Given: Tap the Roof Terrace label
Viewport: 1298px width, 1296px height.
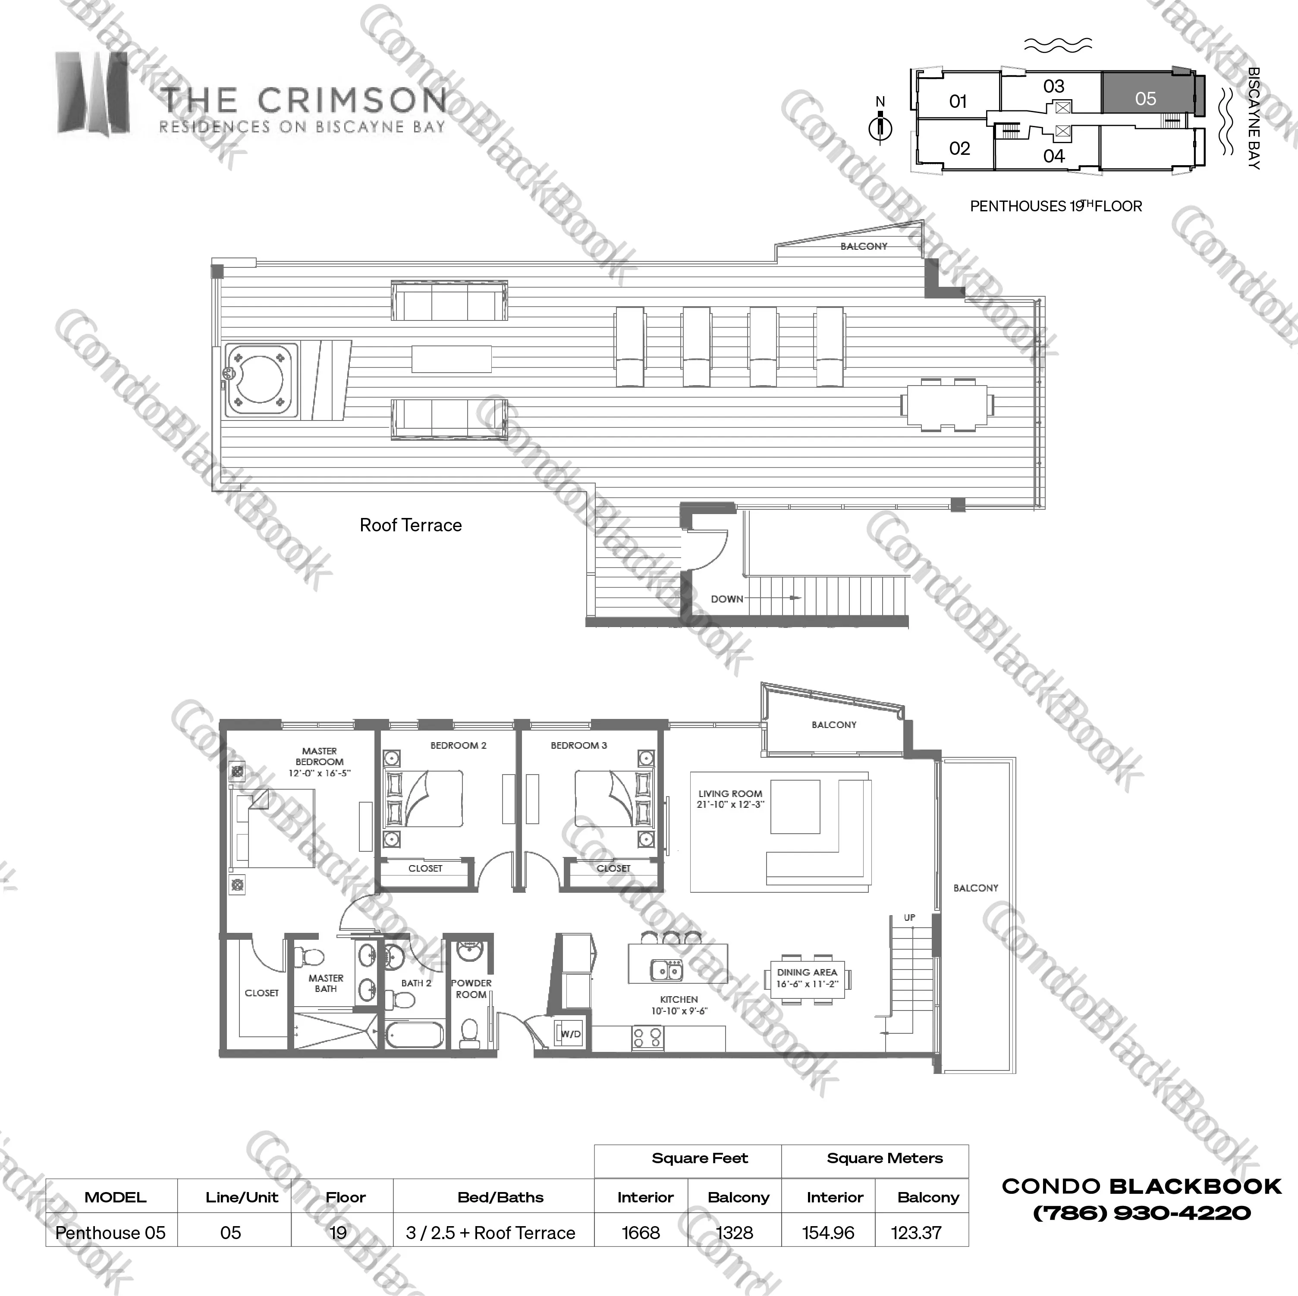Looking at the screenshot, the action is point(411,525).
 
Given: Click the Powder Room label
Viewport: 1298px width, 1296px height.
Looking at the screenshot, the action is point(471,988).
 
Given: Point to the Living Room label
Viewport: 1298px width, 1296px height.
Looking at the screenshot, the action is point(730,799).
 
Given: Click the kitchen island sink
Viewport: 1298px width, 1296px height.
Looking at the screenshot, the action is point(667,970).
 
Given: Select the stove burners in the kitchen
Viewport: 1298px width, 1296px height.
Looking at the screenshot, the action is point(647,1037).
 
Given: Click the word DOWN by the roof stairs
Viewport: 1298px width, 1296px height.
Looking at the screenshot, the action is point(727,599).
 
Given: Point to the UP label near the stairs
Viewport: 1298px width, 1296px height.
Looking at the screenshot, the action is point(909,917).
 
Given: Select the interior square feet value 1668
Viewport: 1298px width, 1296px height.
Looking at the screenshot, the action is point(641,1233).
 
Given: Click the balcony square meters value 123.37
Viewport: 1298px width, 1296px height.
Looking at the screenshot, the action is point(916,1233).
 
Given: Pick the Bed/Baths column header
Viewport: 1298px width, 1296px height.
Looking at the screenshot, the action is point(500,1197).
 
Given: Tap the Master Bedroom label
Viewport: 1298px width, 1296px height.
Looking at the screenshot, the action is point(319,756).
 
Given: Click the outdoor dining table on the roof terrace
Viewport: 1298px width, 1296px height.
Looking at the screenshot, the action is point(947,405).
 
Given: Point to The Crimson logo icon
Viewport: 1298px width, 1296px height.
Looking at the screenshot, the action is point(93,94).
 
